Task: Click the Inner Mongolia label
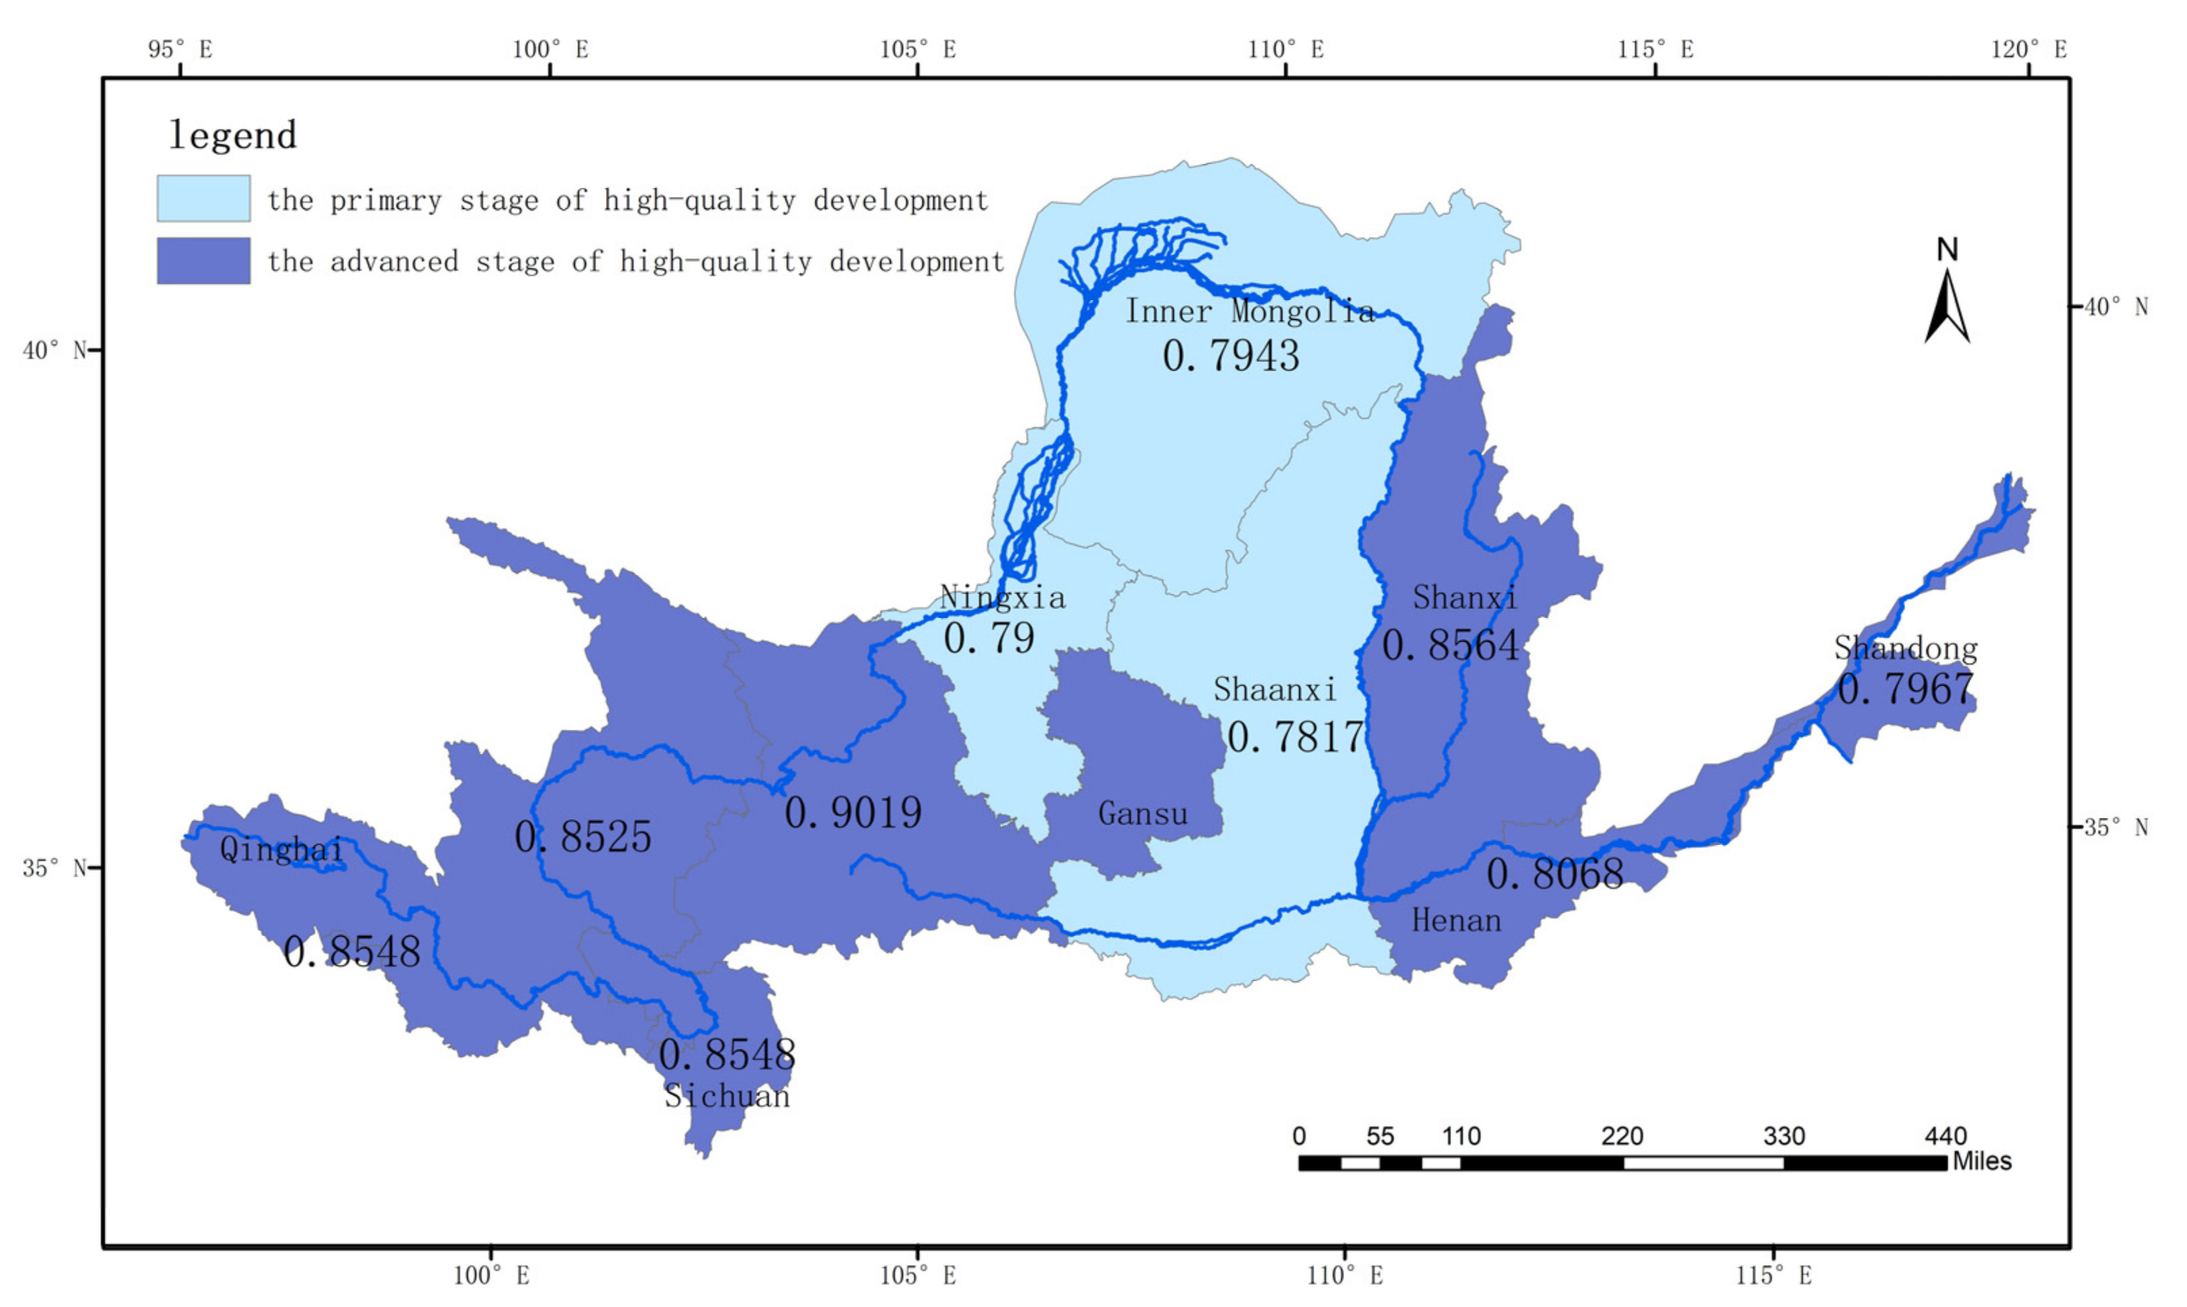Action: pyautogui.click(x=1249, y=311)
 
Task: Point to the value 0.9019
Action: pyautogui.click(x=852, y=812)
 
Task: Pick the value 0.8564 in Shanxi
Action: pyautogui.click(x=1449, y=646)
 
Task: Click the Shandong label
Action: pyautogui.click(x=1905, y=648)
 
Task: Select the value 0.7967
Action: pyautogui.click(x=1905, y=688)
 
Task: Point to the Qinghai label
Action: pyautogui.click(x=281, y=849)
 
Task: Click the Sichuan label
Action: pyautogui.click(x=726, y=1096)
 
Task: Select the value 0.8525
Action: pyautogui.click(x=583, y=837)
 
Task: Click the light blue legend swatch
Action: pyautogui.click(x=203, y=198)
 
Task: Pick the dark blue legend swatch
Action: pyautogui.click(x=203, y=261)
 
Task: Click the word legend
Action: pyautogui.click(x=232, y=135)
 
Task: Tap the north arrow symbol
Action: pyautogui.click(x=1946, y=304)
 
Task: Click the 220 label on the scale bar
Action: pyautogui.click(x=1622, y=1136)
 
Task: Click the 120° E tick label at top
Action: pyautogui.click(x=2028, y=49)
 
